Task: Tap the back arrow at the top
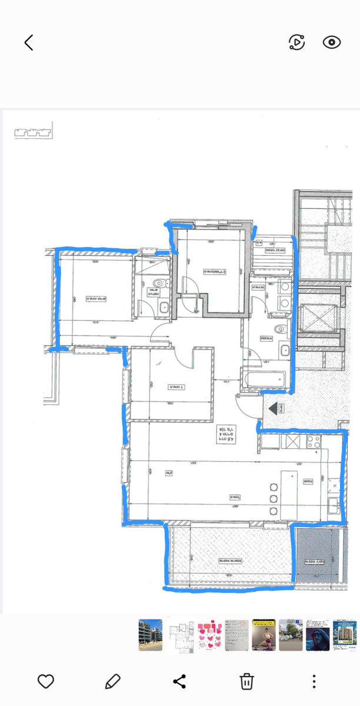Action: point(28,42)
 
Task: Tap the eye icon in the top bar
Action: point(332,42)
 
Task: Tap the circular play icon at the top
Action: point(297,42)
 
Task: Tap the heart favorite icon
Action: point(46,681)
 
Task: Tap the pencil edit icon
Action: point(112,681)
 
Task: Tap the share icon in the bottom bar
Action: point(179,681)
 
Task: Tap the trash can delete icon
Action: point(246,681)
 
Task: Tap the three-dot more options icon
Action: point(314,681)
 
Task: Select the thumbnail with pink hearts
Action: point(209,635)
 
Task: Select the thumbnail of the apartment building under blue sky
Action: point(151,635)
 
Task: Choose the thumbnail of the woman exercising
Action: point(264,635)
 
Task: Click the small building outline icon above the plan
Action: point(33,131)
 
